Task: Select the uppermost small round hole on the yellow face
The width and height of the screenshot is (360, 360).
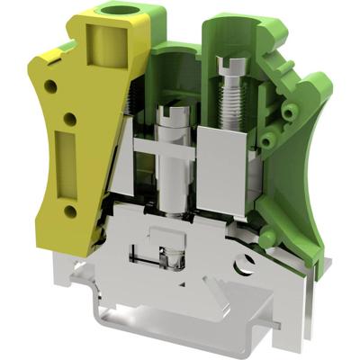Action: tap(50, 86)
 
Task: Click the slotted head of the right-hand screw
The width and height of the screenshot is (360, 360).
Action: tap(229, 64)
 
